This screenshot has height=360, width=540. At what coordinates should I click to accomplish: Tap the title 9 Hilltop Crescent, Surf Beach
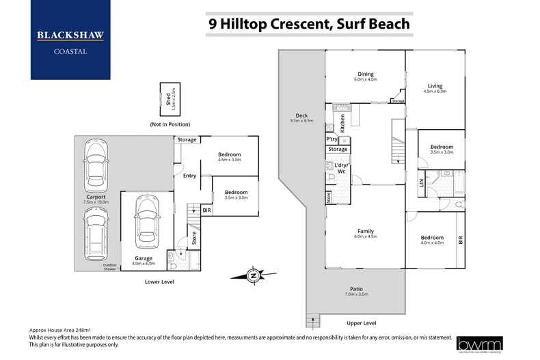click(x=309, y=24)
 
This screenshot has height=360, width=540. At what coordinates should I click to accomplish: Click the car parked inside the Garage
click(x=145, y=223)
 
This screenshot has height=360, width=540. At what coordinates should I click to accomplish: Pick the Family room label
click(x=366, y=233)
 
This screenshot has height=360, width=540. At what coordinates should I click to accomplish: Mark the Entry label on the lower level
click(x=189, y=176)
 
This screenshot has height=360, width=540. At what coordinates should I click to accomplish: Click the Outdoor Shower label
click(x=110, y=266)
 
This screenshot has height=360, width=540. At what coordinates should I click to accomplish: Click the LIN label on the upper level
click(x=422, y=182)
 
